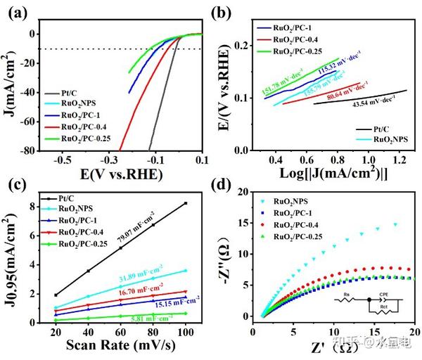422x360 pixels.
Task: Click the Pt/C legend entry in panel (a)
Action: (66, 93)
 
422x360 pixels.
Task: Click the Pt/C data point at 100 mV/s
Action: (186, 203)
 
